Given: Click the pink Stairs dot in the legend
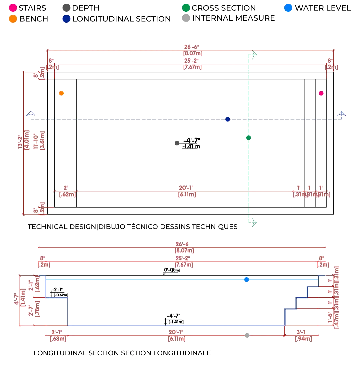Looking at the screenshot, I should pos(13,8).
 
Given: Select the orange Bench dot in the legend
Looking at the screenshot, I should pos(13,19).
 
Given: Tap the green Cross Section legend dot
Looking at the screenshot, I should pos(186,8).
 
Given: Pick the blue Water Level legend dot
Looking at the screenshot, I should pos(289,8).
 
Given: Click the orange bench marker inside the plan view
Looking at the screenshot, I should pos(61,93).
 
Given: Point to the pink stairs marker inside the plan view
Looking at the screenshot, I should pos(321,93).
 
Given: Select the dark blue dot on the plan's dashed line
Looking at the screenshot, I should pos(228,119).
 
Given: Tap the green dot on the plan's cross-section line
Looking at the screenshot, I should pos(248,137).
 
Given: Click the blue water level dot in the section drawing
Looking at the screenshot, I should pos(247,280).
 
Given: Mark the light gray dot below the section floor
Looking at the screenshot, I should pos(247,335).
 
